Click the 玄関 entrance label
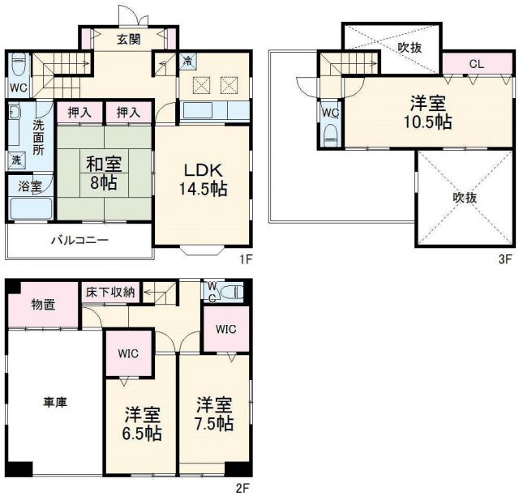pyautogui.click(x=128, y=39)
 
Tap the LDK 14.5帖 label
pyautogui.click(x=203, y=179)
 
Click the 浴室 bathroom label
pyautogui.click(x=28, y=186)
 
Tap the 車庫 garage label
pyautogui.click(x=56, y=401)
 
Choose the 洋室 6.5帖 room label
pyautogui.click(x=143, y=424)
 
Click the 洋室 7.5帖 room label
pyautogui.click(x=215, y=414)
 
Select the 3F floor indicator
pyautogui.click(x=505, y=259)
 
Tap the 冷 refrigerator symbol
pyautogui.click(x=187, y=62)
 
